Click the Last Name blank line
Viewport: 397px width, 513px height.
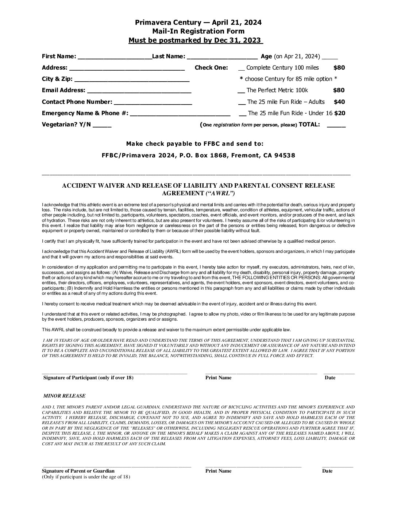tap(222, 57)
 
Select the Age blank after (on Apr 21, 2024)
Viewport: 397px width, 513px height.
tap(330, 58)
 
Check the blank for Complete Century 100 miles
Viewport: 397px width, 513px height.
tap(241, 69)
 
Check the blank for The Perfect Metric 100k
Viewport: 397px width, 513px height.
tap(241, 91)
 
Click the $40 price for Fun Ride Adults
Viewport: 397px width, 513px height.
tap(339, 102)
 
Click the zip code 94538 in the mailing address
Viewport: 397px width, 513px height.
tap(284, 156)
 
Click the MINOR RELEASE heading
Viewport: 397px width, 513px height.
tap(64, 396)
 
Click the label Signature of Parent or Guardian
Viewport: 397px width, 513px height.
tap(78, 471)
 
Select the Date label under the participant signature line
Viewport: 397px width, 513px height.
tap(330, 377)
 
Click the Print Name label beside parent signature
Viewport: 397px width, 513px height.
tap(218, 471)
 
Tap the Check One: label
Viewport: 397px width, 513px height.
tap(211, 68)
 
